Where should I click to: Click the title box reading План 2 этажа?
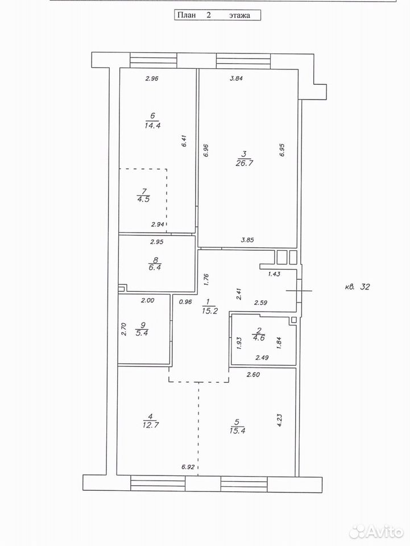(217, 15)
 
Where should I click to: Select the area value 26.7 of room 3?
(244, 163)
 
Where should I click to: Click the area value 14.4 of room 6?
(152, 125)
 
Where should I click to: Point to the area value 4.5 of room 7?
(143, 199)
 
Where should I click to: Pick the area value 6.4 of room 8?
(155, 267)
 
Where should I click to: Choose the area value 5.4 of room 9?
(142, 333)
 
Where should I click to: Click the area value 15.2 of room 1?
(209, 311)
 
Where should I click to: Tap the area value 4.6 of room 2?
(258, 338)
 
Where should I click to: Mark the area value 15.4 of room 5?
(237, 431)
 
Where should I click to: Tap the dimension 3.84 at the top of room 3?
(237, 78)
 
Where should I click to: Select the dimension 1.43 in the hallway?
(274, 274)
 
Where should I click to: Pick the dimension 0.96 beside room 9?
(185, 302)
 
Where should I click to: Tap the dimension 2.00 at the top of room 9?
(148, 300)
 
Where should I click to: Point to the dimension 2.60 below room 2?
(253, 375)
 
